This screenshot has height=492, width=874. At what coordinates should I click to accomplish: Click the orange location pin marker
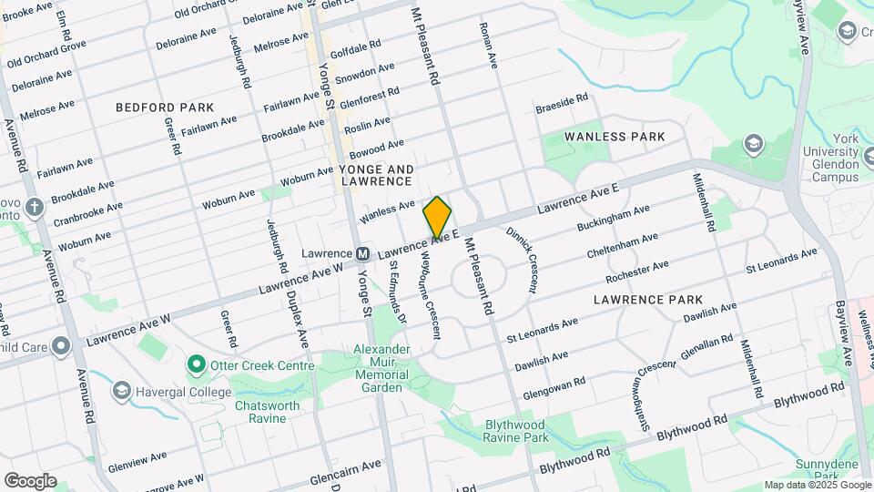(437, 217)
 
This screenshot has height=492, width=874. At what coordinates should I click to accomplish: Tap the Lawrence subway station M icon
(362, 253)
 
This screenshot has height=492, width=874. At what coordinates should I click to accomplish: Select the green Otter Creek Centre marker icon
(195, 365)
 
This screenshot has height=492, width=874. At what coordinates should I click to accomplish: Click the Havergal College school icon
(121, 391)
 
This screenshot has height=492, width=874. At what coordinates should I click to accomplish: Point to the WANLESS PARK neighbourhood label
(615, 137)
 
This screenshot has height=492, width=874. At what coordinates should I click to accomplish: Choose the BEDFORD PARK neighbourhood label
(165, 108)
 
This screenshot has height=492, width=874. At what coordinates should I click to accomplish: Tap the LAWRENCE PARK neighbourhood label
(647, 299)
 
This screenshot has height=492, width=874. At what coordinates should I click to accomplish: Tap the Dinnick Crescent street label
(522, 260)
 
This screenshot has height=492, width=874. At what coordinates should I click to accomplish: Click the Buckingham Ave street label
(613, 219)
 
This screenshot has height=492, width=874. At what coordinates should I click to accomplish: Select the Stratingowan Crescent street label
(641, 388)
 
